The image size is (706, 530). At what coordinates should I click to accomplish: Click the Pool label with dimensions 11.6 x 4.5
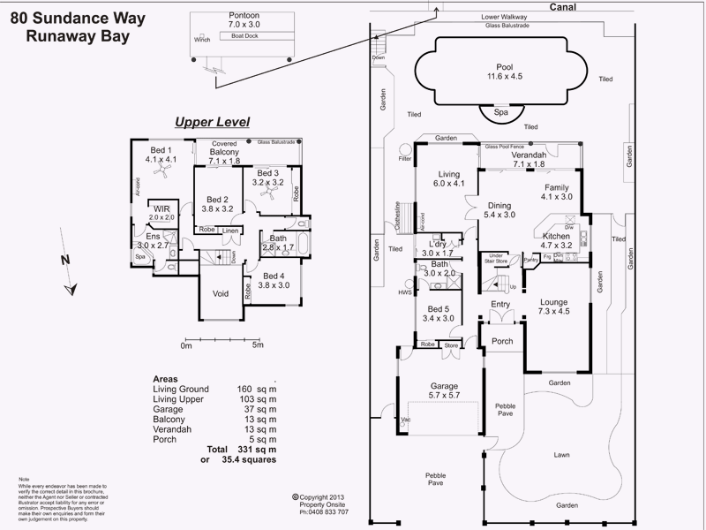tap(504, 72)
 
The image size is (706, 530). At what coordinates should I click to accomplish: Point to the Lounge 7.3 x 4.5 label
tap(560, 306)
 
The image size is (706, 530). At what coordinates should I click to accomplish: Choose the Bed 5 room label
tap(438, 313)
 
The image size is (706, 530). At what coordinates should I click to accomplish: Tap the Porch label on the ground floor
tap(501, 342)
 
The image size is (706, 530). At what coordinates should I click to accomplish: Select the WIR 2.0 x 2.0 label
tap(161, 211)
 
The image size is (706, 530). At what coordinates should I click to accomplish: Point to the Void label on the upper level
tap(221, 294)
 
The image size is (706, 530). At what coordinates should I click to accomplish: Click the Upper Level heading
tap(212, 122)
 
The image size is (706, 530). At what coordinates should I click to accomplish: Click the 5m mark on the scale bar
tap(258, 345)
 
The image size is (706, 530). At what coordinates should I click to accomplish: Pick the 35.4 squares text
tap(250, 460)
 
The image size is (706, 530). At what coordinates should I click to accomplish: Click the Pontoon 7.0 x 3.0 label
tap(244, 21)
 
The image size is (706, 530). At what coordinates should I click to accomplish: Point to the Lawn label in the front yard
tap(561, 456)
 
